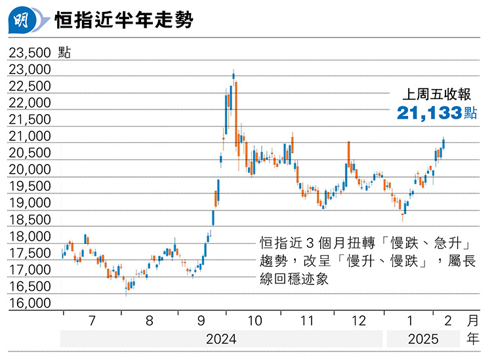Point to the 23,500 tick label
tap(30, 52)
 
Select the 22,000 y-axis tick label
tap(30, 103)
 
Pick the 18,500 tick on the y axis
tap(30, 220)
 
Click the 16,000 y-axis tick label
tap(30, 303)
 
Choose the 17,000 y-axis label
tap(30, 270)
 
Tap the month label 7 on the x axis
tap(91, 321)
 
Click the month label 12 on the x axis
tap(359, 321)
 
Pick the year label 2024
tap(221, 340)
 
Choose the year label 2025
tap(423, 340)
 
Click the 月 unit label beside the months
tap(473, 321)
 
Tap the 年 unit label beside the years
tap(473, 340)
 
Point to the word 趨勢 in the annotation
tap(274, 261)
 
